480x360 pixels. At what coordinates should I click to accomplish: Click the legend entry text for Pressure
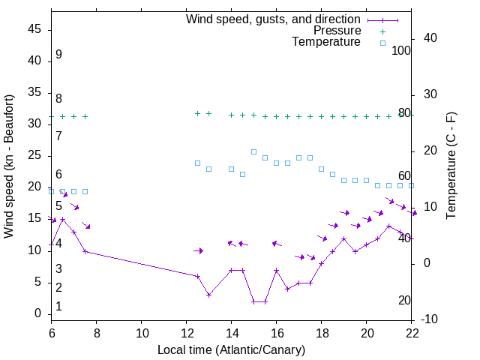[x=337, y=31]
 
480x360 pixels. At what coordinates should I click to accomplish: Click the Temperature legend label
[x=326, y=42]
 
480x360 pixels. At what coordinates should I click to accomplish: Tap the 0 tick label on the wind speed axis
[x=37, y=313]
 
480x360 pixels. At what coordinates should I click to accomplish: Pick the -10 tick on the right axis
[x=430, y=319]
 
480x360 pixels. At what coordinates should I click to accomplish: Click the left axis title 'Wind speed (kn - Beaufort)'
[x=9, y=166]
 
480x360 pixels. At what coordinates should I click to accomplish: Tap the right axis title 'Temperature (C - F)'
[x=451, y=166]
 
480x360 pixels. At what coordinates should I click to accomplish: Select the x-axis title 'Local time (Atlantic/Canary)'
[x=231, y=349]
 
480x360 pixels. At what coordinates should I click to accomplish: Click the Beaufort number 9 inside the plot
[x=58, y=55]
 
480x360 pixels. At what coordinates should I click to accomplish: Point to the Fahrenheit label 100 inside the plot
[x=401, y=51]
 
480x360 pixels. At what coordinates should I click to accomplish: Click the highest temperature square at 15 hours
[x=253, y=151]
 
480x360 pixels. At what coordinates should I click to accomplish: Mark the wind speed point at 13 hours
[x=208, y=295]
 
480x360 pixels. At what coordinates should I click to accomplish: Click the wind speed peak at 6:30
[x=62, y=220]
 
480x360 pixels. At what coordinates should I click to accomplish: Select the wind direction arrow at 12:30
[x=198, y=250]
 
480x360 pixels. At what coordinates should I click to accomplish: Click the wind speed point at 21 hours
[x=388, y=226]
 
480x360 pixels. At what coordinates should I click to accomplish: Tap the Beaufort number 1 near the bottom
[x=58, y=307]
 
